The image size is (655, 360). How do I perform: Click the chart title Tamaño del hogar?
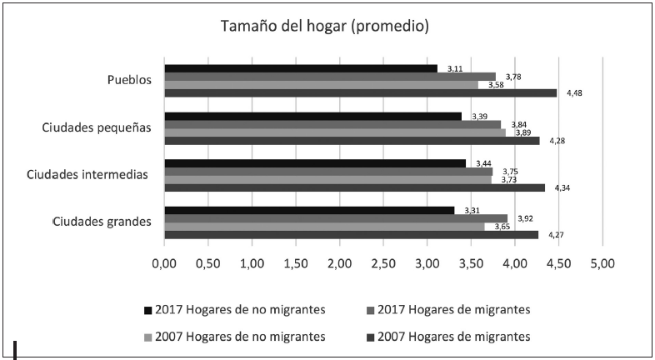click(x=324, y=26)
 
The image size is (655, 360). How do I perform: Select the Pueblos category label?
click(x=129, y=80)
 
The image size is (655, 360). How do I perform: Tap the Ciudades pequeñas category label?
click(x=97, y=127)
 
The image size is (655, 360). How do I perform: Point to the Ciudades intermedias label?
click(x=87, y=174)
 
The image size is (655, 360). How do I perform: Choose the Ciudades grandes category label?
click(x=101, y=222)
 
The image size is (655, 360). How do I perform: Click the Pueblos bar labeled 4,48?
click(x=360, y=92)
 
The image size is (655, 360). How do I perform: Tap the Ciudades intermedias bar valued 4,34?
click(x=354, y=187)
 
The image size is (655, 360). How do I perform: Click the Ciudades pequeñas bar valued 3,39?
click(x=312, y=116)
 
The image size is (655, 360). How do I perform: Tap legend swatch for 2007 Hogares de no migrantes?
click(x=148, y=337)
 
